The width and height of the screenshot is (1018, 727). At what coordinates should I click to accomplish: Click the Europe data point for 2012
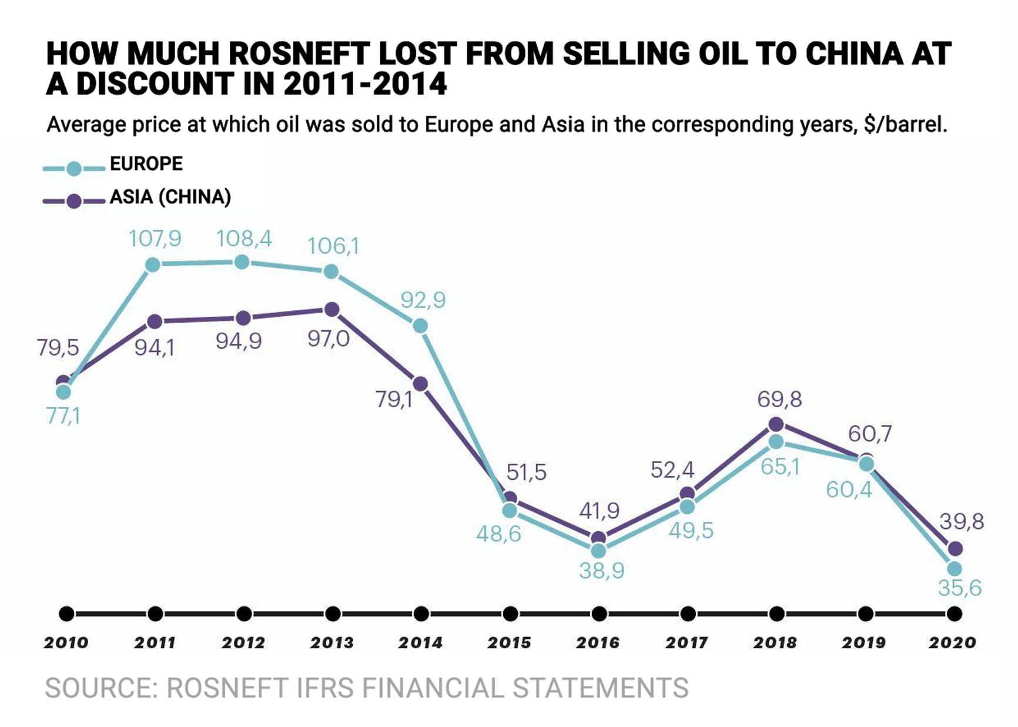coord(242,262)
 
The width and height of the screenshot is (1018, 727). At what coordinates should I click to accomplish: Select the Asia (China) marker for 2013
coord(332,309)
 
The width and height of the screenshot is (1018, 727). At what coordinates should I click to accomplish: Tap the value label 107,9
coord(155,239)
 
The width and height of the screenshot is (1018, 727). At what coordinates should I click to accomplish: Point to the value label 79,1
coord(394,400)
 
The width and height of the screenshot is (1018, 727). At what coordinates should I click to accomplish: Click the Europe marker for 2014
coord(420,326)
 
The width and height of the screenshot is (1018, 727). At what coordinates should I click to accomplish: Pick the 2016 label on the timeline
coord(598,643)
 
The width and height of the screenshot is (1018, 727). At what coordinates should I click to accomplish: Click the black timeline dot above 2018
coord(776,614)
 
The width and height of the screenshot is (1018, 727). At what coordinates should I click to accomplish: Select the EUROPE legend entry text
coord(146,163)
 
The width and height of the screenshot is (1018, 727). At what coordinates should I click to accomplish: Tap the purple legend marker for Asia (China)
coord(74,201)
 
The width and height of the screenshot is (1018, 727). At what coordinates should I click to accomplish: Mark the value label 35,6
coord(959,588)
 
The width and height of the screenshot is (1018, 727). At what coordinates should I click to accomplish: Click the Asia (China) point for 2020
coord(956,548)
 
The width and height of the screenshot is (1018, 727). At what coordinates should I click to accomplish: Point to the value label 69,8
coord(779,400)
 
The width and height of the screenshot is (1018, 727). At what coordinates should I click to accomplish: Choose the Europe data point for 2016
coord(598,551)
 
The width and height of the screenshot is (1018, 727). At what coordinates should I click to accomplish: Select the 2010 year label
coord(66,643)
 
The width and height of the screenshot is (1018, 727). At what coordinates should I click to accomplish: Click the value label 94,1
coord(155,348)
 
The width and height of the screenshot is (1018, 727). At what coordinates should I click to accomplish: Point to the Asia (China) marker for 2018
coord(776,424)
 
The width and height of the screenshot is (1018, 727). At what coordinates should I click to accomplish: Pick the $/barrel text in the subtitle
coord(905,125)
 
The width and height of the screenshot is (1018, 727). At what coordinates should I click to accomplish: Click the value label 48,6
coord(498,534)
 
